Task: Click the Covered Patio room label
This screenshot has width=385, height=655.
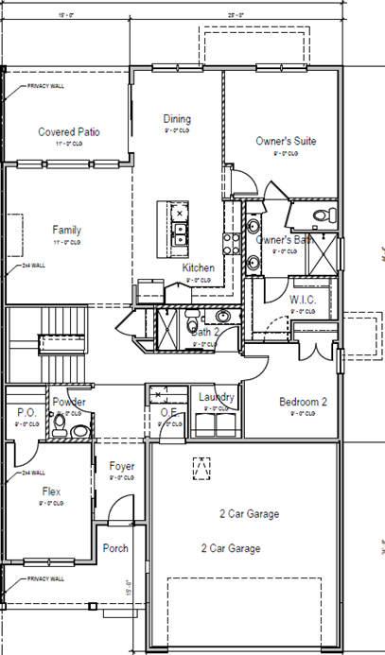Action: point(69,132)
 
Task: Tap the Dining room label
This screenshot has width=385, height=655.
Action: point(177,119)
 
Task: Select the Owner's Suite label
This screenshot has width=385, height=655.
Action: point(286,141)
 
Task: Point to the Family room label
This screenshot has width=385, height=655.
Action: point(66,230)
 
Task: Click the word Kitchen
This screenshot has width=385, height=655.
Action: point(199,267)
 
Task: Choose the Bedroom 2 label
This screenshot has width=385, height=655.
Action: point(303,402)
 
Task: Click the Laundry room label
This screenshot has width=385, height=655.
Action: point(217,397)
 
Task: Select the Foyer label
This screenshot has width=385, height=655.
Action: point(121,466)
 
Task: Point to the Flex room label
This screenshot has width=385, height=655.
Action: point(51,491)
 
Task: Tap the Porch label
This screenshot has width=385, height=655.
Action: point(115,548)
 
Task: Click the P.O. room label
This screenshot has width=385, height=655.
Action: point(26,412)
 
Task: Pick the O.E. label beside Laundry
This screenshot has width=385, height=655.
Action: point(170,412)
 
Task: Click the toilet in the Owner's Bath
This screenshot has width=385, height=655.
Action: point(323,215)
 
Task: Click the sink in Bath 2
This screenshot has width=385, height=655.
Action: point(223,317)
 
